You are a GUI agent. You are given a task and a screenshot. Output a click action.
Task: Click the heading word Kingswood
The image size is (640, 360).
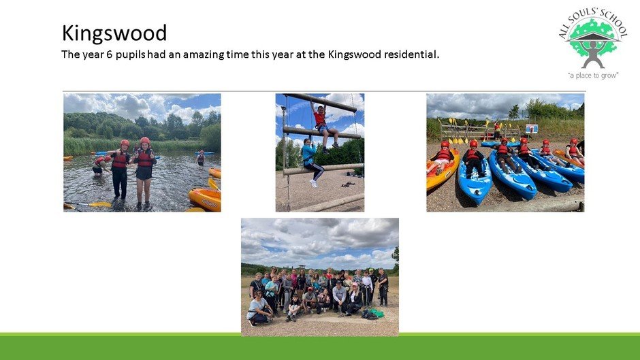tap(114, 33)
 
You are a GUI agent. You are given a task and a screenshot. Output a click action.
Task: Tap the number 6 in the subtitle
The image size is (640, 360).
tap(109, 54)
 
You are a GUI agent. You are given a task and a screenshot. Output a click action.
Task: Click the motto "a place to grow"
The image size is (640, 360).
tap(593, 75)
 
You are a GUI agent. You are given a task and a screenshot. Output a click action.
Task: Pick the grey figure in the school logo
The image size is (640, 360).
tap(592, 54)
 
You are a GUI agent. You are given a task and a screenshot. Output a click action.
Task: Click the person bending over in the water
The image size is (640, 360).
tap(100, 165)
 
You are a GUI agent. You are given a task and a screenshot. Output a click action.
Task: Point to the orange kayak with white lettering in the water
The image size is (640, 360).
tap(205, 199)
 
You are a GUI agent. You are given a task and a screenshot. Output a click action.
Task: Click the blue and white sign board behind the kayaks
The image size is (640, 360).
tap(531, 129)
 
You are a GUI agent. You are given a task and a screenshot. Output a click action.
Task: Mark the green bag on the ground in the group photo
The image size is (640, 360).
tap(376, 313)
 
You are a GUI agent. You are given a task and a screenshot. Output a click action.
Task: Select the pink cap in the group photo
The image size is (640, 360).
tap(355, 284)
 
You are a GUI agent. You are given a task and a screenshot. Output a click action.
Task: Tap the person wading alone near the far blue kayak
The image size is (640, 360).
tap(201, 158)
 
